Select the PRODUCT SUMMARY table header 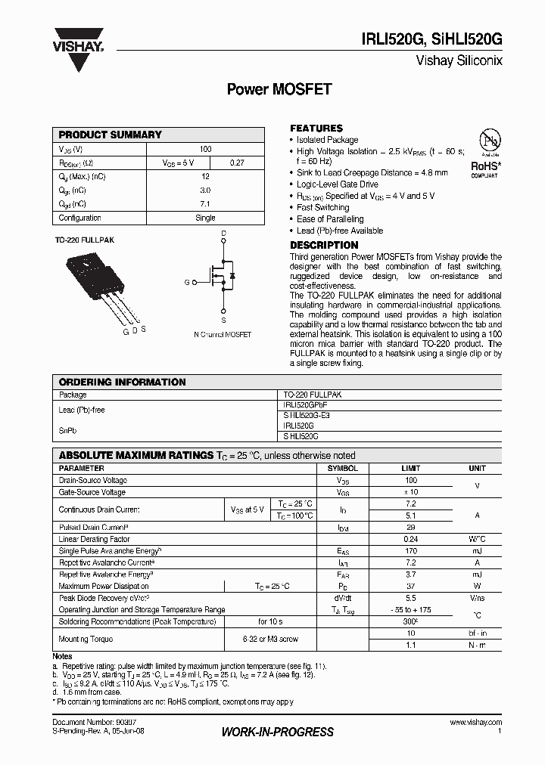pos(111,135)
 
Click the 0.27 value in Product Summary pos(236,163)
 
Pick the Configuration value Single pos(205,218)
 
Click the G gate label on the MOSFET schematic pos(186,282)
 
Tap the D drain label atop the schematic pos(223,233)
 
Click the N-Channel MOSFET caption pos(223,334)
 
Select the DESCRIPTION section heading pos(324,245)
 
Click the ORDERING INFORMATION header pos(122,382)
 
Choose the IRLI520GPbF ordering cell pos(305,405)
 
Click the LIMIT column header pos(411,469)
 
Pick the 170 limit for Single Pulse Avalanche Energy pos(411,551)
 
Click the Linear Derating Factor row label pos(95,539)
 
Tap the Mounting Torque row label pos(86,639)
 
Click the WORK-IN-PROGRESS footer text pos(277,732)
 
